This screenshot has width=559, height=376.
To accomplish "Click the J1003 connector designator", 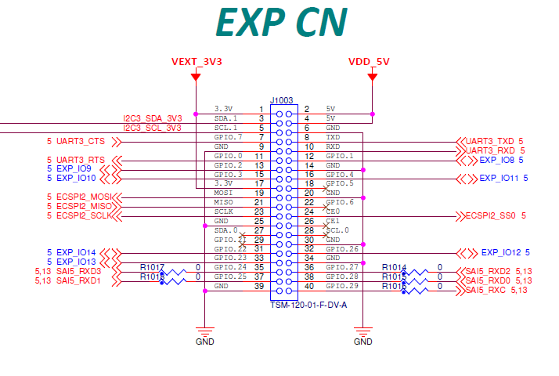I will (x=281, y=100).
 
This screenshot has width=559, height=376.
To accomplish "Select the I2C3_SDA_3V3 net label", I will (x=153, y=118).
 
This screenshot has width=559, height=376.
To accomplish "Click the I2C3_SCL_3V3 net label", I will (x=153, y=128).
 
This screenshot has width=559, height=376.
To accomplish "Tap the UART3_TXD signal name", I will (x=490, y=141).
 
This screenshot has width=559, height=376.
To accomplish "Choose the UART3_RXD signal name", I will (x=490, y=150).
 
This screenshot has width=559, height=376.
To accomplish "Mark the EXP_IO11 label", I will (x=500, y=179).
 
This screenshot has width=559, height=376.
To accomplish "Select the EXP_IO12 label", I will (x=501, y=252).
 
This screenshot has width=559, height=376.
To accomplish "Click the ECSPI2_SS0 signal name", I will (x=491, y=215).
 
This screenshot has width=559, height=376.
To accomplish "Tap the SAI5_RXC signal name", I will (x=486, y=290).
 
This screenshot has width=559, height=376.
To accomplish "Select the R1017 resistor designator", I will (x=153, y=267).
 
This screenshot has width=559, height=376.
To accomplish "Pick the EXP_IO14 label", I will (x=76, y=252).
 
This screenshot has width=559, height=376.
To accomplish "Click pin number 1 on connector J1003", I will (x=261, y=109).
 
